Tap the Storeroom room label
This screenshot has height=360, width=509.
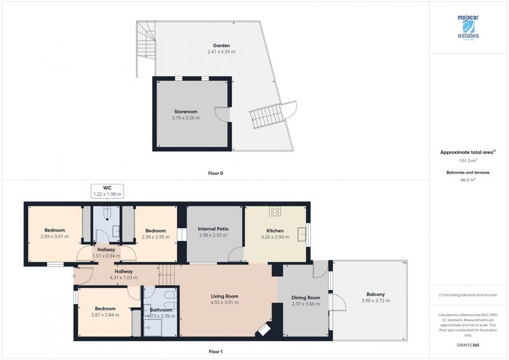[185, 111]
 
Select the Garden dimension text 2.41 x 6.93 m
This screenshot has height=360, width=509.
[221, 52]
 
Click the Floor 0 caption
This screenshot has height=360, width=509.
[216, 173]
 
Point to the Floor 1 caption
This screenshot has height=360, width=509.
[216, 352]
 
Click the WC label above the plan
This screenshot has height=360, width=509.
[107, 187]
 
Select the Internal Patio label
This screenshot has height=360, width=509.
[213, 229]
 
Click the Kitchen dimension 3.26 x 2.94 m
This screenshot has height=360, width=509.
[275, 237]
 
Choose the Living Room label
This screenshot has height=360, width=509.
[225, 296]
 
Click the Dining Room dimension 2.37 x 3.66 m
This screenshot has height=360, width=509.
[305, 304]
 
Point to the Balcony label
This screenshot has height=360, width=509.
[375, 294]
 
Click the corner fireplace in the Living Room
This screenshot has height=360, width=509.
[263, 330]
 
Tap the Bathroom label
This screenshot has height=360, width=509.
[160, 310]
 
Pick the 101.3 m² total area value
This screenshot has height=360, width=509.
[468, 162]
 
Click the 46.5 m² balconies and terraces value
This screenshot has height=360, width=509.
[468, 180]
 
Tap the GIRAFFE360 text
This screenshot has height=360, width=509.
[468, 343]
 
